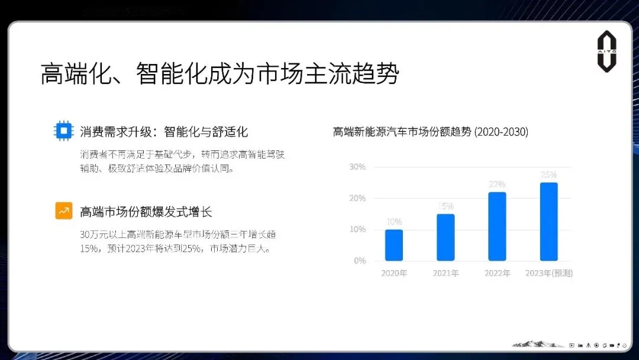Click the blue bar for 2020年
[393, 245]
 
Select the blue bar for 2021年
[446, 237]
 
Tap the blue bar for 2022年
[497, 226]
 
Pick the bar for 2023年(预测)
[548, 221]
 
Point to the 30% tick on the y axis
[357, 167]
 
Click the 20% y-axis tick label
[357, 198]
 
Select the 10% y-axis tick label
[357, 229]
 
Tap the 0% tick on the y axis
[359, 261]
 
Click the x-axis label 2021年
[446, 274]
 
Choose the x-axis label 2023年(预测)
[548, 274]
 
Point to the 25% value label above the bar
[548, 175]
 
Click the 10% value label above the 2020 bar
[393, 222]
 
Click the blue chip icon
[63, 131]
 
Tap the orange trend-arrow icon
[63, 211]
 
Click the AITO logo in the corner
[606, 52]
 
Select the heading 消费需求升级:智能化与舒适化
[164, 131]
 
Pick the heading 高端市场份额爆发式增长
[146, 211]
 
